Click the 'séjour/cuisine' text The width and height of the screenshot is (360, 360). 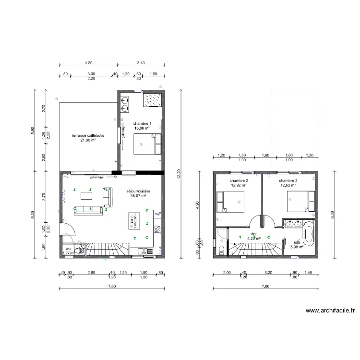point(138,191)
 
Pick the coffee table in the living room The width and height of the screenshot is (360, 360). point(87,195)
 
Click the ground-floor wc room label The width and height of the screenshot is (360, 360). point(68,249)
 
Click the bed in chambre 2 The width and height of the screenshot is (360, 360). point(231,201)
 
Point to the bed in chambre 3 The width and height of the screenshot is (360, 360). point(299,201)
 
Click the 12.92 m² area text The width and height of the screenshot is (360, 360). point(239,185)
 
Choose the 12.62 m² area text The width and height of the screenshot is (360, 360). point(288,185)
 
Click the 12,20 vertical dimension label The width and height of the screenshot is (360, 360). point(179,177)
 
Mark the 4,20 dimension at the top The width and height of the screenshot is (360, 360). point(88,62)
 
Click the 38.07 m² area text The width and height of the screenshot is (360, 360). point(138,196)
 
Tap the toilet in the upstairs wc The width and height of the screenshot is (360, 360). point(220,250)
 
